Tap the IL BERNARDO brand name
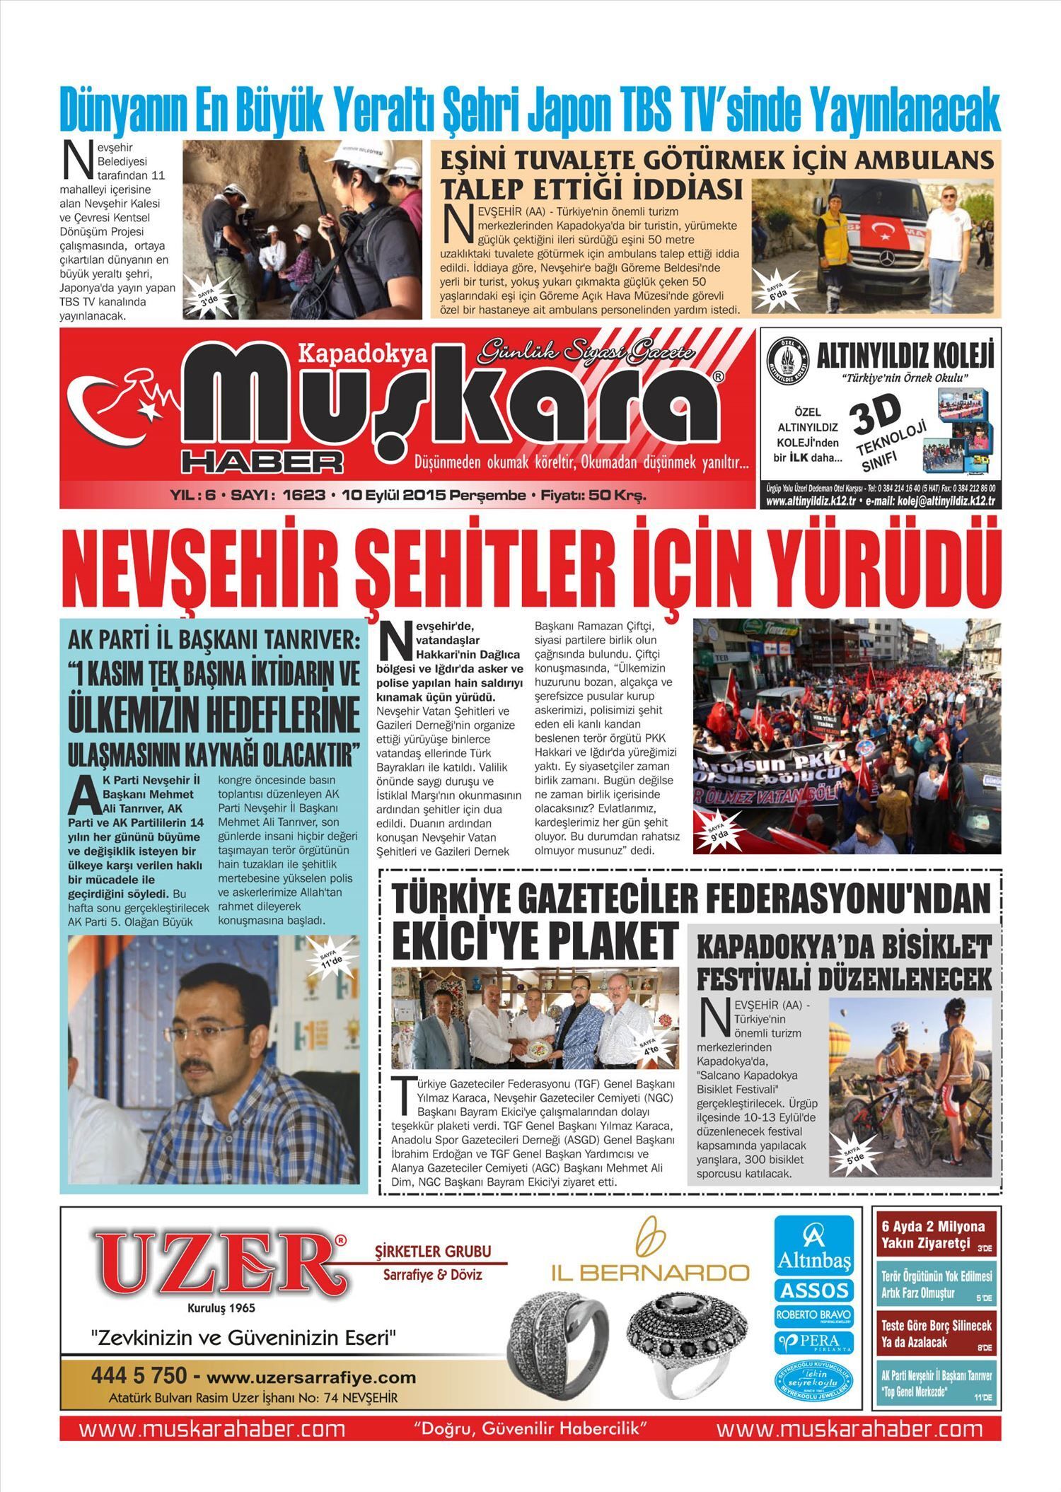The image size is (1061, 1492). point(650,1273)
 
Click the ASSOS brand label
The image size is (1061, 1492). point(813,1290)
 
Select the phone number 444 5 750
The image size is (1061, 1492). point(139,1376)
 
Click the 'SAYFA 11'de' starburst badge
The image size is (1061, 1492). point(331,957)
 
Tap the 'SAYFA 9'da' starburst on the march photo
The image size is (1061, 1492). point(718,831)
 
